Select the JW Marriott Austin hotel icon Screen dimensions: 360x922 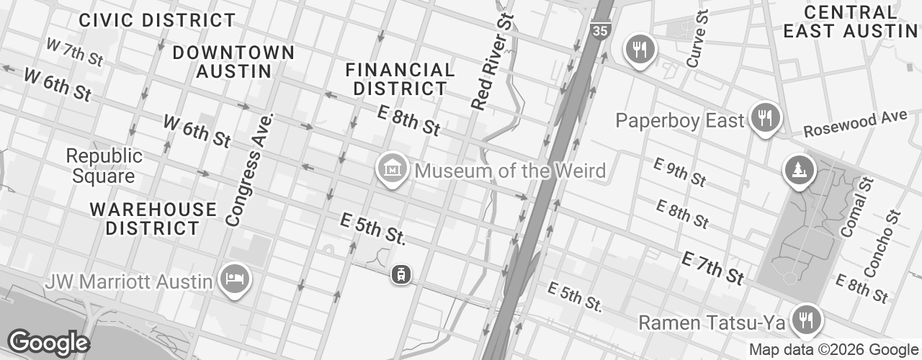(235, 280)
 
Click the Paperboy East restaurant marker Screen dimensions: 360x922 (765, 117)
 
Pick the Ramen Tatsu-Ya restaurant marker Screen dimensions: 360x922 (804, 318)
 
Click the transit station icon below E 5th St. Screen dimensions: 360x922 (401, 274)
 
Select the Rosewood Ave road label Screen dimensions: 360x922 (855, 123)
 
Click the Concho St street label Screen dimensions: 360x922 (883, 244)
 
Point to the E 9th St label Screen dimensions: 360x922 (679, 173)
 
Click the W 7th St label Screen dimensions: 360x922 (74, 53)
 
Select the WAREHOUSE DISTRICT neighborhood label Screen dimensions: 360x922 (153, 219)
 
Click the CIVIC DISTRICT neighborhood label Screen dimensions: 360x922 (158, 20)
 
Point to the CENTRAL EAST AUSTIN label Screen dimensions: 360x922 (850, 22)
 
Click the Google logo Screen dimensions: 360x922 (48, 343)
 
